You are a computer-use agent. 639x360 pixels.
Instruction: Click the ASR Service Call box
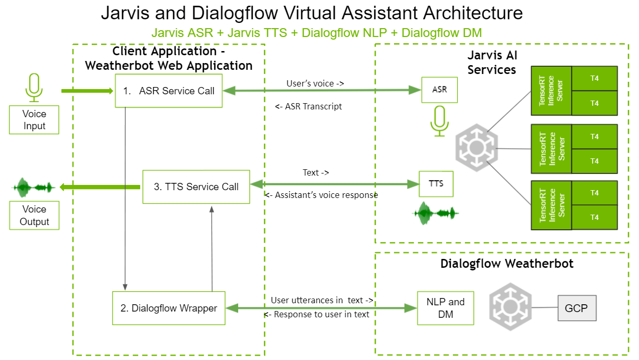[168, 91]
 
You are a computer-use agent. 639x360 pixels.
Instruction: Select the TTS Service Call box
[196, 187]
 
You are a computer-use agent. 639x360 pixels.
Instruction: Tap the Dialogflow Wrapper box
[169, 308]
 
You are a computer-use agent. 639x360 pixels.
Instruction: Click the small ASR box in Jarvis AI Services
[439, 90]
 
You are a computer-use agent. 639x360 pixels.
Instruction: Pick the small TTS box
[436, 183]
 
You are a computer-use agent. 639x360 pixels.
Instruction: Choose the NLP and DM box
[446, 308]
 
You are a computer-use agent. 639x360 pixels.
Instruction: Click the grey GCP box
[576, 308]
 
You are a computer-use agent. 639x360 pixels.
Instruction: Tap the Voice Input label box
[34, 120]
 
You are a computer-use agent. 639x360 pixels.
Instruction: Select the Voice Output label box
[34, 215]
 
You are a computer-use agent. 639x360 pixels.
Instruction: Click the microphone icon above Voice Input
[34, 87]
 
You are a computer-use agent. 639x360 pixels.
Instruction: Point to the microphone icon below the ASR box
[439, 121]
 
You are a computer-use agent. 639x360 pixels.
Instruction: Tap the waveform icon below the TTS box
[436, 213]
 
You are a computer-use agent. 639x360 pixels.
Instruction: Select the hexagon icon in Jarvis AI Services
[476, 148]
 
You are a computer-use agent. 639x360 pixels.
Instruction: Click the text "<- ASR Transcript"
[309, 106]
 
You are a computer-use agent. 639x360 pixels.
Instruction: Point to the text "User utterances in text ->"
[322, 300]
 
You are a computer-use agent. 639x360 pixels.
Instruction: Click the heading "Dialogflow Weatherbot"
[507, 264]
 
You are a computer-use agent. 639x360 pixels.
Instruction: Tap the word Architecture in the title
[459, 13]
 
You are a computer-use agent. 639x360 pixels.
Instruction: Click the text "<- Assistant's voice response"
[321, 195]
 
